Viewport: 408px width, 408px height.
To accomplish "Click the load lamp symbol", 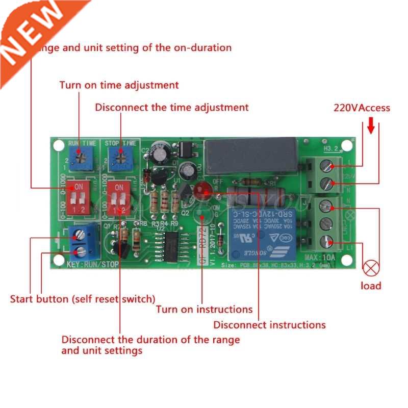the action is [371, 266].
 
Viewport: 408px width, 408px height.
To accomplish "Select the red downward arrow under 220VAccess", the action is [371, 125].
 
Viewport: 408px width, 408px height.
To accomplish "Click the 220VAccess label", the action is [362, 108].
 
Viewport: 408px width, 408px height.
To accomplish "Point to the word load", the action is [371, 286].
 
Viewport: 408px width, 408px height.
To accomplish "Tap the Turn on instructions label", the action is [204, 309].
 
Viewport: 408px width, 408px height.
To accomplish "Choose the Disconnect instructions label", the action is [269, 324].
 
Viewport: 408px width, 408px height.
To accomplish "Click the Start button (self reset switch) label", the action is [83, 298].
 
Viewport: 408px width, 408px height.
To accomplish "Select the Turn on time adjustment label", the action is [119, 85].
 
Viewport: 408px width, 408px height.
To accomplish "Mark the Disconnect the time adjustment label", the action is [172, 107].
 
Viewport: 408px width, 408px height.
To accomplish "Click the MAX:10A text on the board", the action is [320, 257].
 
